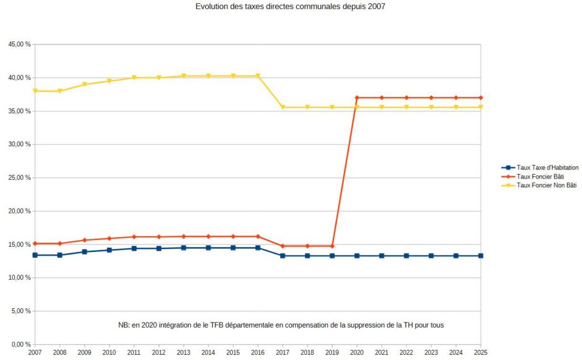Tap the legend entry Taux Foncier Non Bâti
(x=546, y=185)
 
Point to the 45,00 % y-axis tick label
(x=19, y=44)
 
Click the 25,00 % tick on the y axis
(x=19, y=178)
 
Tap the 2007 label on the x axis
(x=35, y=353)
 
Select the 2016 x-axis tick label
(x=258, y=353)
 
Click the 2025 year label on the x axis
(x=481, y=353)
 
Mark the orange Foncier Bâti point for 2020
(x=357, y=98)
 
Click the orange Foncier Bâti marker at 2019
(x=332, y=246)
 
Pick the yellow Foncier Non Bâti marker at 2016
(x=258, y=76)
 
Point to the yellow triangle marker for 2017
(x=282, y=107)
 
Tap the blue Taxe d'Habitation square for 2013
(x=184, y=248)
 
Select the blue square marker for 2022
(x=406, y=256)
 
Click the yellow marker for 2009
(x=85, y=85)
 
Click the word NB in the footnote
(x=123, y=325)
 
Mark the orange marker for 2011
(x=134, y=237)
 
